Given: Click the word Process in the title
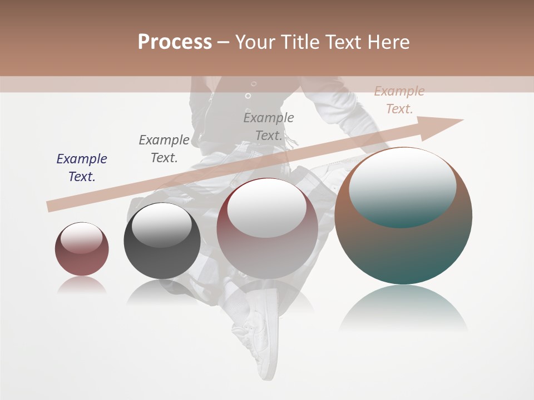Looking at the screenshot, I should [x=175, y=42].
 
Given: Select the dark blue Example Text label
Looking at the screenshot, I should [x=82, y=167].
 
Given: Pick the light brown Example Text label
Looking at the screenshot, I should [x=399, y=100].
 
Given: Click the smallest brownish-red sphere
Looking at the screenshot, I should [x=82, y=249].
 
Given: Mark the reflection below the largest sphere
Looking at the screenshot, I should [x=403, y=308].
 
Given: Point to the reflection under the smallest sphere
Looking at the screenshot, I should [x=82, y=286].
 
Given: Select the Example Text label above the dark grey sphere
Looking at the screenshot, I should [x=164, y=148].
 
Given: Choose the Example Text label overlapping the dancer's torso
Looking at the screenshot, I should [x=269, y=126].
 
